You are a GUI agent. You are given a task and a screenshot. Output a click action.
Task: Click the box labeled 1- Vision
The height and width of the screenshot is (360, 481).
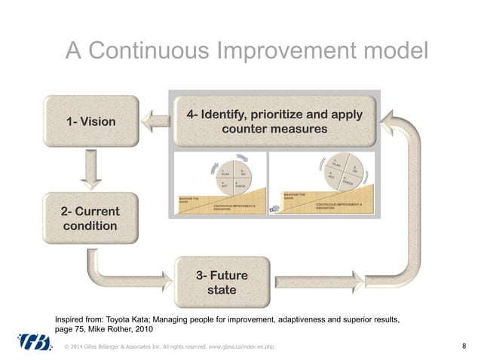point(92,120)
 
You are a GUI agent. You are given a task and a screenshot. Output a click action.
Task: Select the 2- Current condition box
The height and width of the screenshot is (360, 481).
point(88,218)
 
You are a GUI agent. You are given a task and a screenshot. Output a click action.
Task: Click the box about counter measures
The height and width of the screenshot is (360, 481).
point(274,122)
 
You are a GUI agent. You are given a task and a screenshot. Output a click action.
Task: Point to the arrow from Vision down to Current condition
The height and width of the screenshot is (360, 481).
point(92,170)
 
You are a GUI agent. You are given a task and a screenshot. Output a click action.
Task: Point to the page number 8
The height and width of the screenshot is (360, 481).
point(463,346)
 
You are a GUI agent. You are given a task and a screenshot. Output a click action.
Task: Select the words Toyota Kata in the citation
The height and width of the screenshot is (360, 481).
point(133,319)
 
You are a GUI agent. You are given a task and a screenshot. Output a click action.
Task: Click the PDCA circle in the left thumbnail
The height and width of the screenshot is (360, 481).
point(226,176)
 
